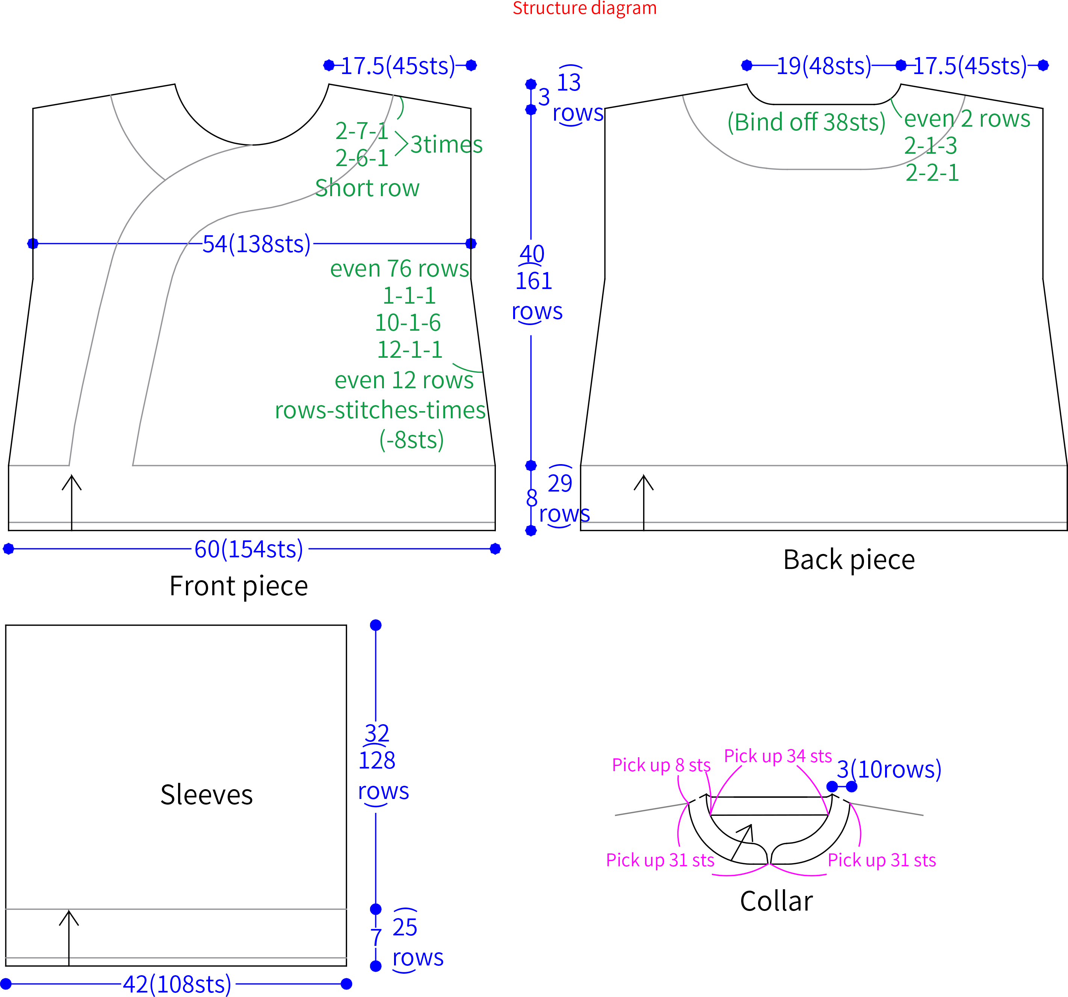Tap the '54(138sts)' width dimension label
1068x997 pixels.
(x=256, y=244)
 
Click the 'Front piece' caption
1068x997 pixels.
(x=239, y=586)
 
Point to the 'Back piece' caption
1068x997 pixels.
(x=849, y=560)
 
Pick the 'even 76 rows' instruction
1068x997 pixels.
(x=399, y=269)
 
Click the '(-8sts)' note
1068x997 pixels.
(x=411, y=440)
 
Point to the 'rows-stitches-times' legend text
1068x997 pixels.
(x=380, y=410)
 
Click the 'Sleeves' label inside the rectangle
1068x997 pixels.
(x=206, y=795)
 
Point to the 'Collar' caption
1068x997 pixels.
(x=776, y=901)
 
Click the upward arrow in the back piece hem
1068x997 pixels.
(x=644, y=502)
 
